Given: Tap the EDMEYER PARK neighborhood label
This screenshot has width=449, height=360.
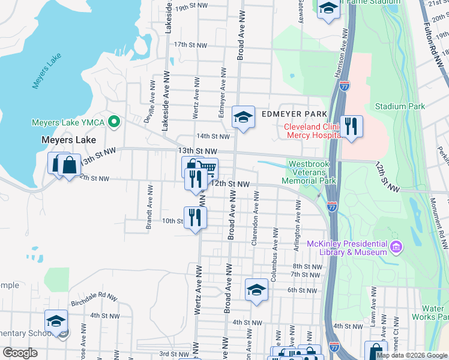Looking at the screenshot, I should click(294, 114).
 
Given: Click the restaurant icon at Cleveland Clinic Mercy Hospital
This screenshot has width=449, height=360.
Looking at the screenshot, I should click(351, 127).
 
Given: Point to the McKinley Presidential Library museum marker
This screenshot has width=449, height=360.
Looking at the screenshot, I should click(396, 247).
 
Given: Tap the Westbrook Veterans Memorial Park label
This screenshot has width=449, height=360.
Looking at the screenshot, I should click(312, 172).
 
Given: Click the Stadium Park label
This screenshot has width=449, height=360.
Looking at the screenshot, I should click(400, 107).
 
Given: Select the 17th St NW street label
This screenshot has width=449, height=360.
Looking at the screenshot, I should click(190, 45).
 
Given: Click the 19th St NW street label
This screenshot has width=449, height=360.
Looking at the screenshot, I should click(190, 5).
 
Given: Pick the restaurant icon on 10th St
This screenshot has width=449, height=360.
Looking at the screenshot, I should click(195, 217).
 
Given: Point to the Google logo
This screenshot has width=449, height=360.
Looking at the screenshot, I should click(20, 352).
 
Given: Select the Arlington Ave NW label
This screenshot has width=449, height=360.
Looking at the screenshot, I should click(297, 218).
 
